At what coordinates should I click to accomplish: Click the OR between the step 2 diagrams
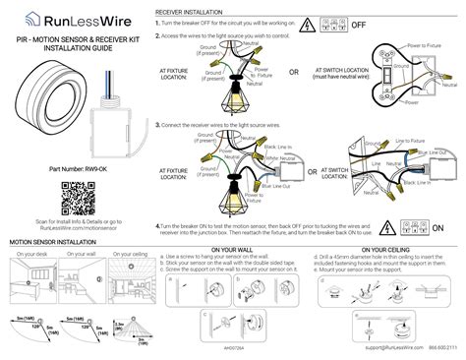click(294, 72)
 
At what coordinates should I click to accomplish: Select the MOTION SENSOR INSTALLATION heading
click(60, 240)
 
